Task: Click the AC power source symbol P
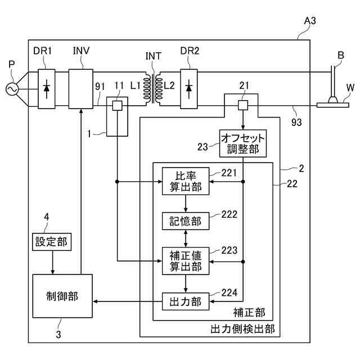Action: click(x=12, y=89)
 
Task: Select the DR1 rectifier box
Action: click(x=47, y=89)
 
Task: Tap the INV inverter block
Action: click(x=81, y=89)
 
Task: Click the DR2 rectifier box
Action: click(x=189, y=89)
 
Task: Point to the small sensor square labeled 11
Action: click(x=117, y=106)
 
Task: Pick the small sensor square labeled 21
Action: click(x=243, y=105)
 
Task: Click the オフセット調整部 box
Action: click(x=243, y=143)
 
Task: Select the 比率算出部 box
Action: click(x=186, y=181)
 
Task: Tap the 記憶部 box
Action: click(x=186, y=221)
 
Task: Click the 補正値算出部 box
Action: click(x=186, y=261)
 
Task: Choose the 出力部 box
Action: click(x=186, y=301)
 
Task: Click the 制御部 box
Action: click(x=62, y=296)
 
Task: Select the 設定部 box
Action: click(x=52, y=242)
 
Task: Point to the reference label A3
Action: click(x=310, y=21)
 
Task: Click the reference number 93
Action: click(x=296, y=122)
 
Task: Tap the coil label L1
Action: click(x=135, y=85)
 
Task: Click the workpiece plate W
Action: click(x=333, y=105)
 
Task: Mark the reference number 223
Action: click(x=229, y=250)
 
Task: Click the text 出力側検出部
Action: click(x=242, y=329)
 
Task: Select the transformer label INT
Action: click(x=154, y=56)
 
